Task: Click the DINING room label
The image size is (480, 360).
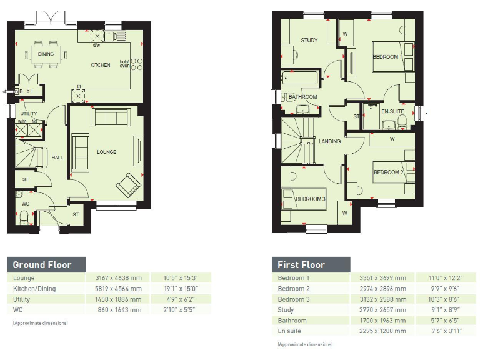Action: click(46, 54)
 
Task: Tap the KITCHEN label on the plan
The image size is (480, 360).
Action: click(100, 65)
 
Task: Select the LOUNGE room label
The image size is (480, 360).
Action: click(106, 152)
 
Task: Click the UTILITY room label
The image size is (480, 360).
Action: click(28, 114)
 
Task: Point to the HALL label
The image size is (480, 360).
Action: click(57, 157)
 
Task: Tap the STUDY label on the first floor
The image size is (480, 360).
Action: click(309, 41)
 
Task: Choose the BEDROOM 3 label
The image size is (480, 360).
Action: click(310, 199)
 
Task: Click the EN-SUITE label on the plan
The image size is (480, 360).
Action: click(392, 112)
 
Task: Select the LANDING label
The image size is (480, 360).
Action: click(329, 141)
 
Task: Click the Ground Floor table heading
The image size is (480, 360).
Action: click(42, 264)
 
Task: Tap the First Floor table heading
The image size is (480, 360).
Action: click(301, 264)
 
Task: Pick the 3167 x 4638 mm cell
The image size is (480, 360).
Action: click(118, 278)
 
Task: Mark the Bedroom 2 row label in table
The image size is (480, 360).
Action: click(294, 289)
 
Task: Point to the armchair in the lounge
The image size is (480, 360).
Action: click(129, 183)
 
